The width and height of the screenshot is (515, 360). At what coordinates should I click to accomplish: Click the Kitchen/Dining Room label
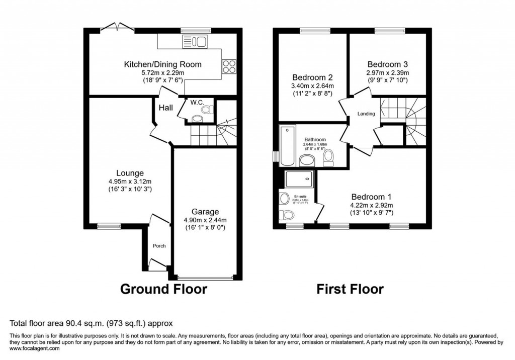(162, 64)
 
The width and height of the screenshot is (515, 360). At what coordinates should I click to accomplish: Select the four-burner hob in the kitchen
(229, 67)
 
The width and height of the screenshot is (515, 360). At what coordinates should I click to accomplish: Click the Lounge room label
(120, 173)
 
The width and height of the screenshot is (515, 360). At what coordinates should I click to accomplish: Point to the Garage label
(206, 212)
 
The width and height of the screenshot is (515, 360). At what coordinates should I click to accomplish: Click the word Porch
(159, 246)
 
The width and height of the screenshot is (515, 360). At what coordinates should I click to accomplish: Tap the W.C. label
(196, 103)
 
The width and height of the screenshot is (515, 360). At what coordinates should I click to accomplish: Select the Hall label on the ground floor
(165, 108)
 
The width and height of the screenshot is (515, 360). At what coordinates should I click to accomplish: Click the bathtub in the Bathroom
(287, 146)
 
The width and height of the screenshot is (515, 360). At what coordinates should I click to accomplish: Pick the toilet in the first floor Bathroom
(328, 158)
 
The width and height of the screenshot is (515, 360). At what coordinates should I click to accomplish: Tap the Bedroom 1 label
(371, 197)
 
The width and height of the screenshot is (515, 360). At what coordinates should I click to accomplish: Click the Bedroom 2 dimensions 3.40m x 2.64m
(312, 86)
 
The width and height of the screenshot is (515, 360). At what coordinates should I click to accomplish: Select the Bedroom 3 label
(387, 64)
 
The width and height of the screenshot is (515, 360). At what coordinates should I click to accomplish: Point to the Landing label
(366, 114)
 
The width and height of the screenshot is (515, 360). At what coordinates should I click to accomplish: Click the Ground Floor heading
(163, 289)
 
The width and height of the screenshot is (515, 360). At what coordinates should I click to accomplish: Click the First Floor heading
(350, 289)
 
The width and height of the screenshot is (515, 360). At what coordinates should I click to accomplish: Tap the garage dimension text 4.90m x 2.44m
(206, 220)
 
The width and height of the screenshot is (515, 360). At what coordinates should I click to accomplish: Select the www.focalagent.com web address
(35, 348)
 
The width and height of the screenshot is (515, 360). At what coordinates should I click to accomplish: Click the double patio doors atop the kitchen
(117, 28)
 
